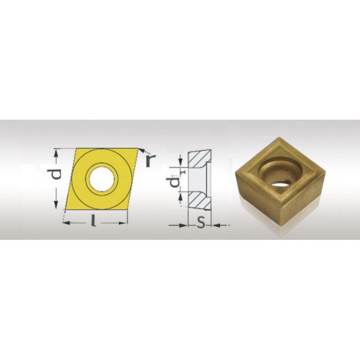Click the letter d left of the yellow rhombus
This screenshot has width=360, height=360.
[57, 174]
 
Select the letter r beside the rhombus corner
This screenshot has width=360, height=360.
[150, 160]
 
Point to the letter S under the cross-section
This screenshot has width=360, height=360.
[201, 222]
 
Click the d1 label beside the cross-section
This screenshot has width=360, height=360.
[176, 179]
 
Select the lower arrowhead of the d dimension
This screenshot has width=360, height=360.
[56, 205]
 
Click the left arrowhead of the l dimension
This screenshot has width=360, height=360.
[66, 222]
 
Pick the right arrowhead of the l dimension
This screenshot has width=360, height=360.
[123, 222]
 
